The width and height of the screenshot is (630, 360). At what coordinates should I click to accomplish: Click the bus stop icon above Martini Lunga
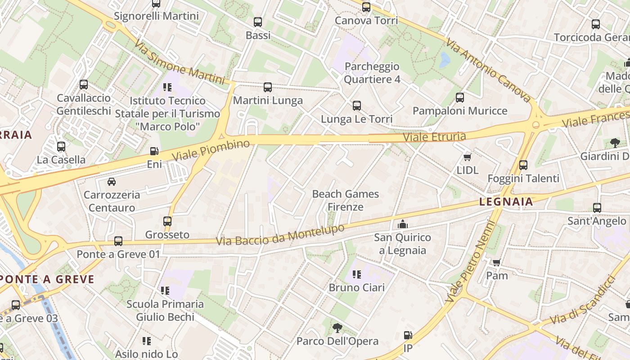point(268,87)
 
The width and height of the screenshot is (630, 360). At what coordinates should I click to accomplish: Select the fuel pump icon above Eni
point(154,152)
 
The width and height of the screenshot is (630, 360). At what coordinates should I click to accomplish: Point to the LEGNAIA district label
point(506,202)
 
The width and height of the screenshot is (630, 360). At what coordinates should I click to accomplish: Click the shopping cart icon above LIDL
point(468,157)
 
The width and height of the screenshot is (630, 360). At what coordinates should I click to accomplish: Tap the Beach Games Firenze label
point(346,201)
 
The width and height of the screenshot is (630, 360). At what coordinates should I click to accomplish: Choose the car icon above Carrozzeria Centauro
point(112,182)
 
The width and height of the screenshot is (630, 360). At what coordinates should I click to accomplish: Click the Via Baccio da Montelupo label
point(280,235)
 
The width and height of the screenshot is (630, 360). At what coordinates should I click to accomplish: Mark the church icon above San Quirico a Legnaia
point(402,224)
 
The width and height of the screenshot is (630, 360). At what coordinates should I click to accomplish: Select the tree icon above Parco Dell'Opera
point(337,328)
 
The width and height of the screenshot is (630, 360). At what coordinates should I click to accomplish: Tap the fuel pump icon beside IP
point(408,335)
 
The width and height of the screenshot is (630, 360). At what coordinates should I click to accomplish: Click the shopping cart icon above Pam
point(497,262)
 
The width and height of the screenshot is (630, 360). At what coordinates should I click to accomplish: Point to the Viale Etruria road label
point(434,136)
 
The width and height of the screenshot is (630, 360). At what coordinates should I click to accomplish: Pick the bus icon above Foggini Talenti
point(523,165)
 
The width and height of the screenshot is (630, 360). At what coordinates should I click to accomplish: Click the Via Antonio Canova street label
point(488,70)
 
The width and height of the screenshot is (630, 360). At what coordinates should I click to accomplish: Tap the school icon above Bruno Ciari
point(357,274)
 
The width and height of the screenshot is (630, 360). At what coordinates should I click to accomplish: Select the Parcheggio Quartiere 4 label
point(372,73)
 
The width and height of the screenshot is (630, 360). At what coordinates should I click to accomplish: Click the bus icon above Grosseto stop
point(167,221)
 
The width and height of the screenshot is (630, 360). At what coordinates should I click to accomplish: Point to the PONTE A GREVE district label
point(47,279)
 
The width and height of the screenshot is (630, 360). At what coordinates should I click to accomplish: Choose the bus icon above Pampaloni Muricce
point(460,98)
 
